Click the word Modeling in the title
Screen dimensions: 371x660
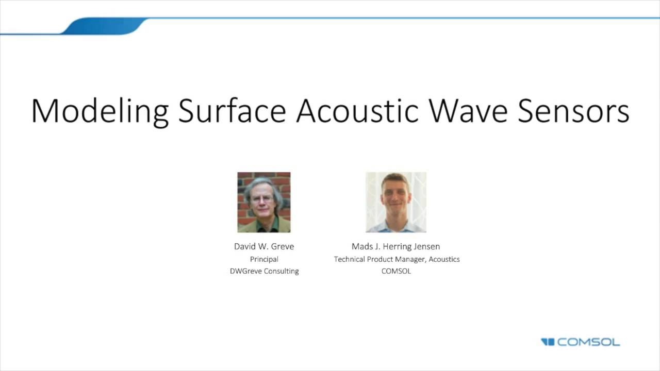pos(100,111)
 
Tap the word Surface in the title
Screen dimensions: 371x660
pos(232,111)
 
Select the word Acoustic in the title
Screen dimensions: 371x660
pos(357,111)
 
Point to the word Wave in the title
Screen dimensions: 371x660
pos(468,111)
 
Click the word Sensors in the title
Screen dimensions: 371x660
pos(573,111)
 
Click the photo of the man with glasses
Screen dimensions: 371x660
pos(264,202)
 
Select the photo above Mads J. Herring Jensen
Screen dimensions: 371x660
pos(396,202)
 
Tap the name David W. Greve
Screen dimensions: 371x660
pos(264,246)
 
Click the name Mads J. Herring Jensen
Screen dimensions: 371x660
pos(395,246)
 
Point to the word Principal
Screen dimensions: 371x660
pos(264,259)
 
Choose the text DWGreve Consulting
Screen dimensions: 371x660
pos(264,271)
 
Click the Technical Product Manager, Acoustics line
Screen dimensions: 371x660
pos(397,259)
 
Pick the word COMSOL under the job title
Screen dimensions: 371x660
pos(396,271)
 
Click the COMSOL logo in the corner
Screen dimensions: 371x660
pos(580,342)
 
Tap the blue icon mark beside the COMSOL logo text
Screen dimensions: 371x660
pos(547,342)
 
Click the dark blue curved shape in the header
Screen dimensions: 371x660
pos(103,26)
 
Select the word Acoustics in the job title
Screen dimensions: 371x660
pos(444,259)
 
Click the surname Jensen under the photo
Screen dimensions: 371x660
pos(426,246)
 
